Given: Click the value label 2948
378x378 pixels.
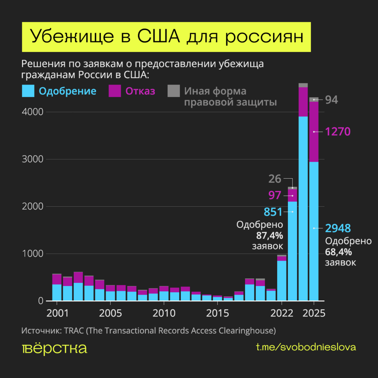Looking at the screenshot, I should tap(338, 228).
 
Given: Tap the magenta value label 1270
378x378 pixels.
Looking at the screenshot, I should tap(338, 132).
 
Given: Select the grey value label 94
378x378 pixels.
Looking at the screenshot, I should tap(331, 100).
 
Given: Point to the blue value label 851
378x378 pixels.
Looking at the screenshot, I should tap(273, 212).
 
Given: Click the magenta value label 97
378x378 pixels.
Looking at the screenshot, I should tap(275, 195).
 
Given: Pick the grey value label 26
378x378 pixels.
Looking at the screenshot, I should tap(275, 179).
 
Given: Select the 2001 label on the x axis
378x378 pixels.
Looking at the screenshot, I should tap(57, 313).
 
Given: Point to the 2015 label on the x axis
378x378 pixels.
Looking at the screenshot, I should tap(217, 313).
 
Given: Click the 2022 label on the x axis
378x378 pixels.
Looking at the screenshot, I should tap(281, 313).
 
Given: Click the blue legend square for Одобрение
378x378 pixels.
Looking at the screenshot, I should tap(28, 91).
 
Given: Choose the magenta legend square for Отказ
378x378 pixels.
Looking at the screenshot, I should tap(115, 91).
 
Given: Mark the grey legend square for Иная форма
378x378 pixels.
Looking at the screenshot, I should tap(174, 91).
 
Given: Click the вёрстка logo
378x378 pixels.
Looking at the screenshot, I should tap(54, 348).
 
